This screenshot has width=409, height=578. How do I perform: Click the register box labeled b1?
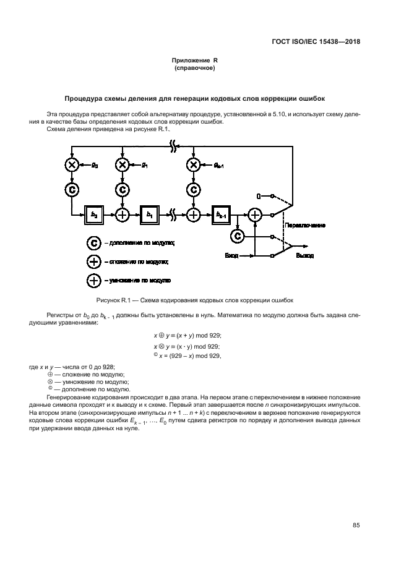click(149, 214)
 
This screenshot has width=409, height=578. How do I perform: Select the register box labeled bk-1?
click(220, 214)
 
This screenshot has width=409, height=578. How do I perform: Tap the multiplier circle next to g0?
click(72, 164)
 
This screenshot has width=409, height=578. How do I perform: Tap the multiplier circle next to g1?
click(123, 164)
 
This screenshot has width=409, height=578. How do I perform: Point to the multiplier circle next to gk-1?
click(194, 164)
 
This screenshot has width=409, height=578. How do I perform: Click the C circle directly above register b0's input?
click(72, 189)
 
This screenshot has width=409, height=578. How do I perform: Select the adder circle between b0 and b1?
click(123, 214)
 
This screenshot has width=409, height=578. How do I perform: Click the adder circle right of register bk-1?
click(254, 214)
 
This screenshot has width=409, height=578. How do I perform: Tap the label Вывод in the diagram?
click(304, 255)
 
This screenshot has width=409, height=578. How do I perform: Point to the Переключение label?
click(304, 226)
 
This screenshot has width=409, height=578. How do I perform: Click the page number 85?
click(356, 525)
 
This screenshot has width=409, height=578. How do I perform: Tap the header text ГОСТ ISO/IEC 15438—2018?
click(316, 42)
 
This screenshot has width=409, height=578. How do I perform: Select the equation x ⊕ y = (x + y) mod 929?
click(187, 334)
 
